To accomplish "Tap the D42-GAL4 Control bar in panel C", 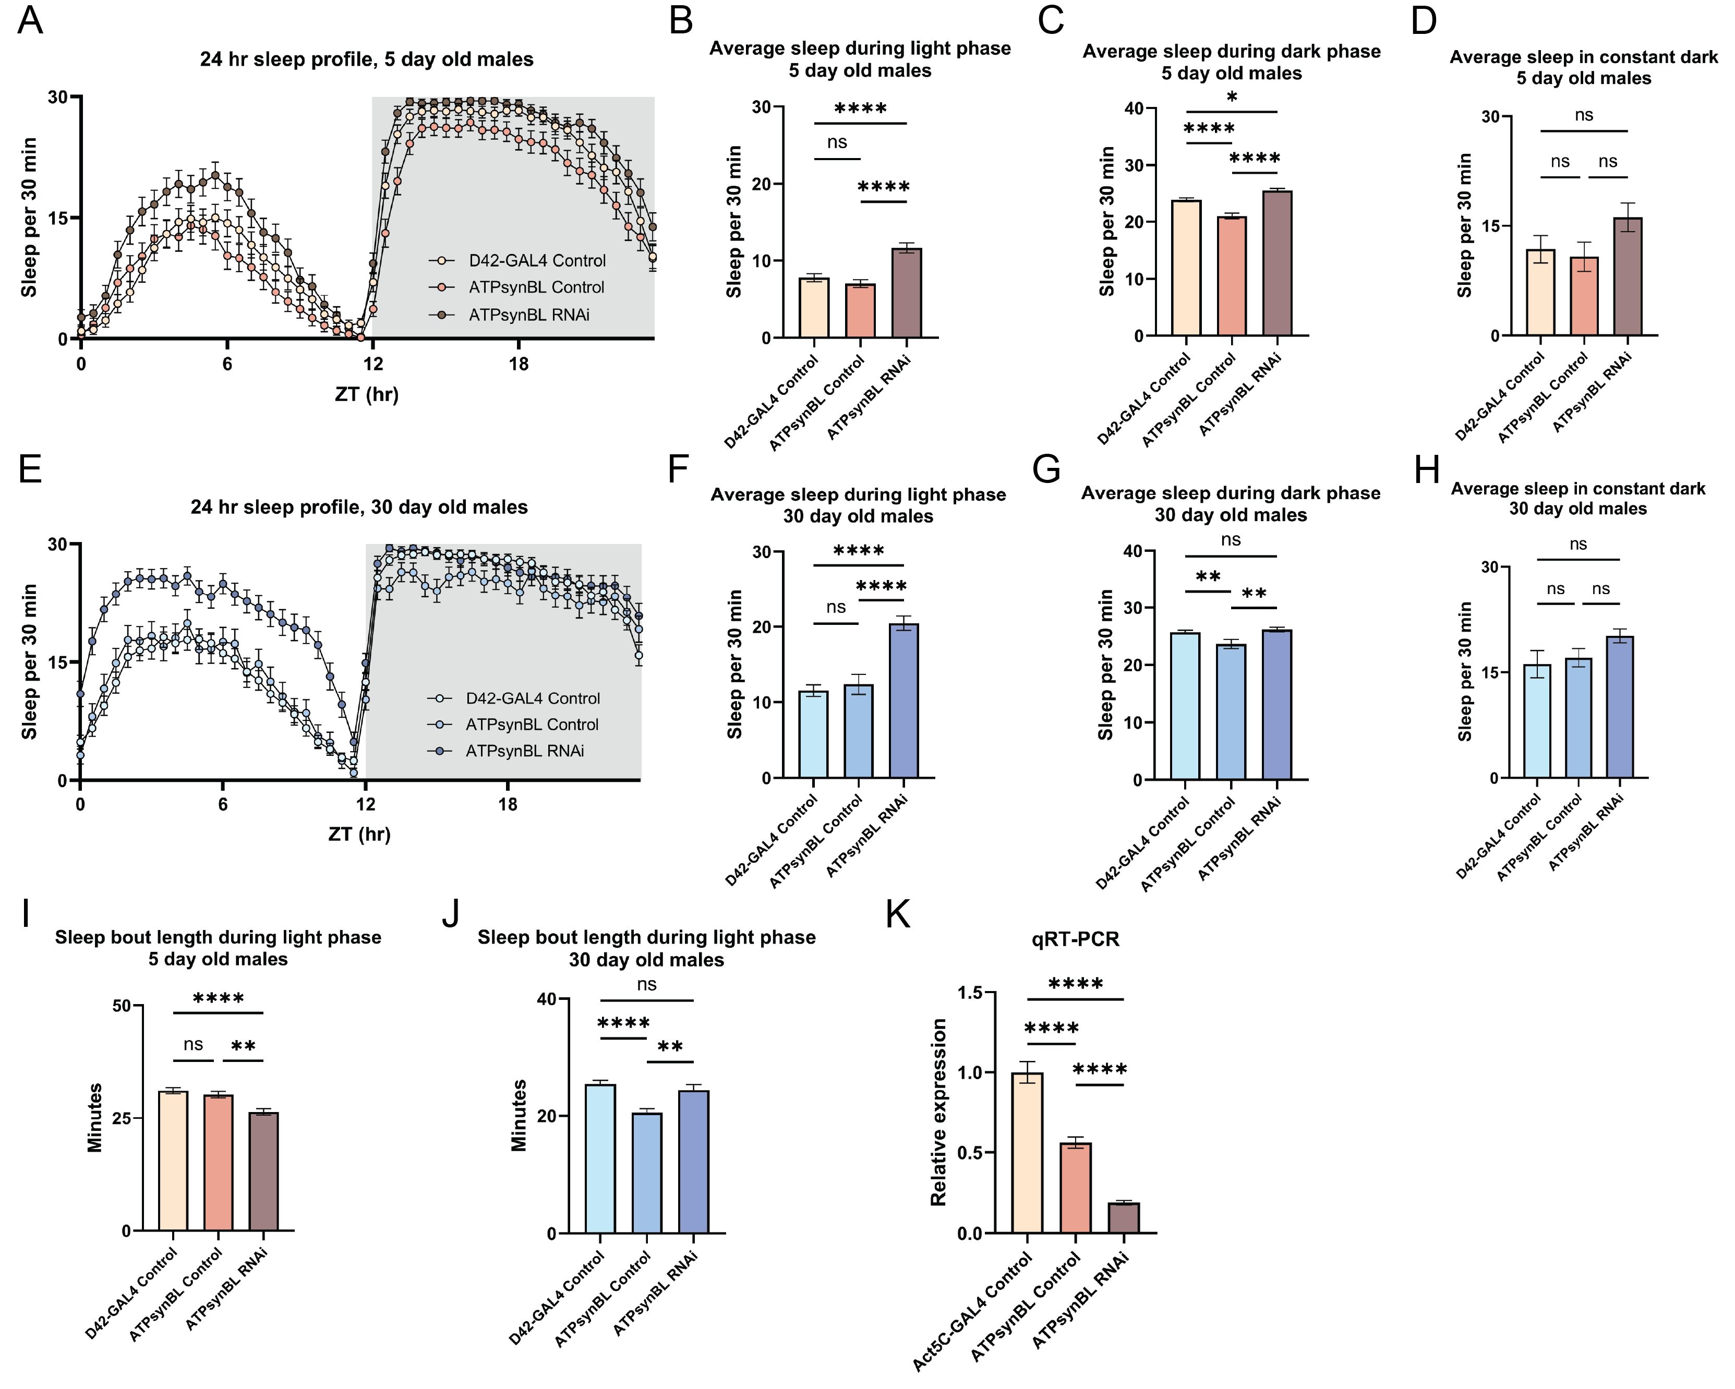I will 1186,268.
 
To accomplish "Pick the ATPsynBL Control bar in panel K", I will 1076,1188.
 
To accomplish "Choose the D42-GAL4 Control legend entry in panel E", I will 532,698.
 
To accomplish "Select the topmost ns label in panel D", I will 1584,115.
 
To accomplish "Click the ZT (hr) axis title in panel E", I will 360,834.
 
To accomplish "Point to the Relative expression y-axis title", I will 938,1112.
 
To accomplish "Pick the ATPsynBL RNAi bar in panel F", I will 903,701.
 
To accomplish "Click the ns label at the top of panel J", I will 647,984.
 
